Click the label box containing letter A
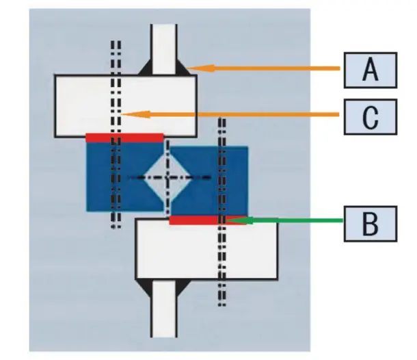[370, 68]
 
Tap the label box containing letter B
[370, 222]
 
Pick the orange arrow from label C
[232, 114]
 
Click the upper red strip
[124, 137]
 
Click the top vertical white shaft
[164, 44]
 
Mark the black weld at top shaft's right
[183, 69]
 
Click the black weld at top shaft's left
[146, 69]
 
